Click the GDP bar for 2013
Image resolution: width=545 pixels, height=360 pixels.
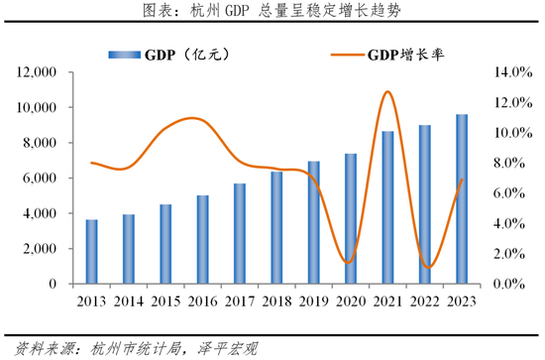pos(91,252)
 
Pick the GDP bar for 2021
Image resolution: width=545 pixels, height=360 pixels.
pos(387,207)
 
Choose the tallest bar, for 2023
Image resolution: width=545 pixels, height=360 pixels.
pos(462,199)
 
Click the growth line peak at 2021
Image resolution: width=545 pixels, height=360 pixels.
pos(387,92)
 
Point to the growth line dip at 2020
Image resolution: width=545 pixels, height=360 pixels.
pos(347,263)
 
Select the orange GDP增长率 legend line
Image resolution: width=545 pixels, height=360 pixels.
pos(332,56)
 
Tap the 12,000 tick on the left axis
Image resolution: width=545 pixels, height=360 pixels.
pos(37,72)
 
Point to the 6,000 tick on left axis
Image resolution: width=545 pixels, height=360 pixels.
pos(41,179)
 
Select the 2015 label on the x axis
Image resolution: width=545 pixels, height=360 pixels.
pos(164,301)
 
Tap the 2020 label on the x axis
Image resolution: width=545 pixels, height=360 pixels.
pos(351,301)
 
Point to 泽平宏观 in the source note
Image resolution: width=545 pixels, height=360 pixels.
pos(224,347)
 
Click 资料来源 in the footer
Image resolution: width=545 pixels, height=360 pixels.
pos(36,347)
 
